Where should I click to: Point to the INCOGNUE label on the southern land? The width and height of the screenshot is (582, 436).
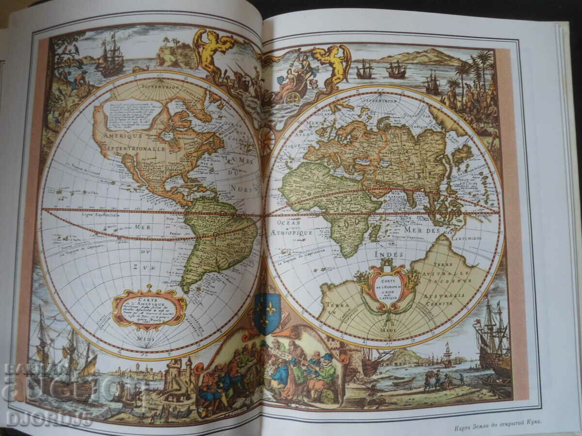point(453,280)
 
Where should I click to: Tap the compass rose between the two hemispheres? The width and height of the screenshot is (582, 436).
point(266,141)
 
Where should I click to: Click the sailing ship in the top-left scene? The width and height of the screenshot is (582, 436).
point(110,57)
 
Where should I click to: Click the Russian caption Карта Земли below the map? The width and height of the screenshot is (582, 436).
point(498,428)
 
